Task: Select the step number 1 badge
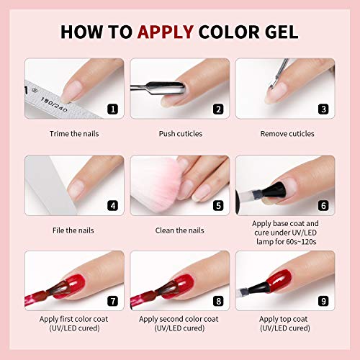click(x=112, y=109)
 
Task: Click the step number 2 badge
click(x=217, y=109)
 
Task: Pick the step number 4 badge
click(x=112, y=205)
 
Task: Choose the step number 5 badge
click(x=217, y=205)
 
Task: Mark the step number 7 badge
click(x=112, y=302)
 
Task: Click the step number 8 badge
click(x=217, y=302)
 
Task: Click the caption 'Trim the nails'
click(x=74, y=134)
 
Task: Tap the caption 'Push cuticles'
click(x=180, y=134)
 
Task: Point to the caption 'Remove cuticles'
click(x=285, y=134)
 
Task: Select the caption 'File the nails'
click(x=74, y=230)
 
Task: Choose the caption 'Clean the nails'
click(x=180, y=230)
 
